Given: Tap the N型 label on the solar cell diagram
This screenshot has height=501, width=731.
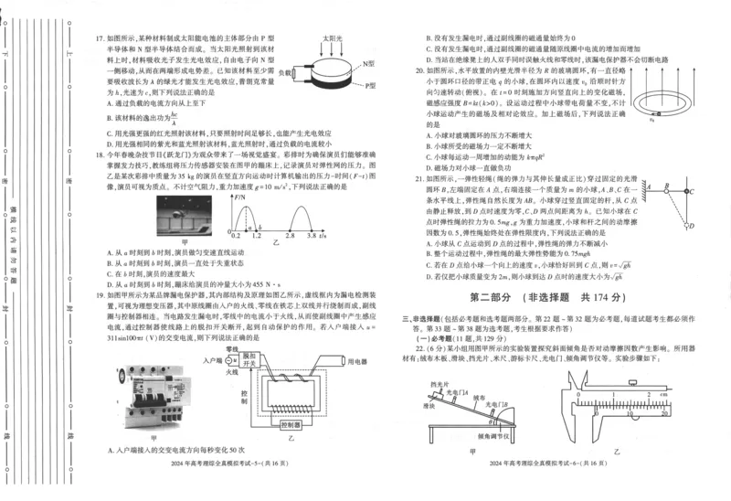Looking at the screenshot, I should (x=367, y=63).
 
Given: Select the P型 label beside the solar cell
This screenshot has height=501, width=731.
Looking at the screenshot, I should (x=370, y=85).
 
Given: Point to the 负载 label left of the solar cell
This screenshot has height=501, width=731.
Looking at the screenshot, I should (x=287, y=71).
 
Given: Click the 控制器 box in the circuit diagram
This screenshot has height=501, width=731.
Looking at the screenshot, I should (x=291, y=424).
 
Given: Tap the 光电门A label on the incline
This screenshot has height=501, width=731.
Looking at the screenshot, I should (x=482, y=392).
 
